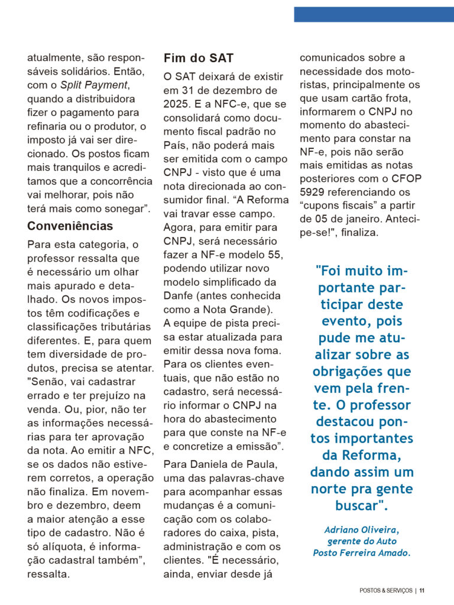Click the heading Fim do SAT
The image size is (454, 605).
[x=198, y=58]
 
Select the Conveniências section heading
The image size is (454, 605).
[x=70, y=226]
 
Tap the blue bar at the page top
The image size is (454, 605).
[x=374, y=14]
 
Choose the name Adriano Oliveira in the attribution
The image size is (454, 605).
[x=360, y=529]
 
